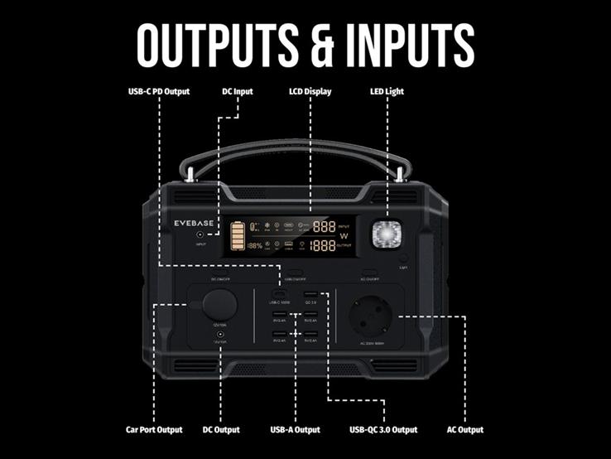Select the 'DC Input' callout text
click(238, 91)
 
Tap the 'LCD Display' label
click(310, 91)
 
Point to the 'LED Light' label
click(387, 91)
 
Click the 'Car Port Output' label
click(154, 430)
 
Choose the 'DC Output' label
click(221, 430)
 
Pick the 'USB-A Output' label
click(296, 430)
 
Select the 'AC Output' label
click(465, 430)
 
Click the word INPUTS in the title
click(407, 44)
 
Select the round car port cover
click(220, 304)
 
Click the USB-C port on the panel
click(279, 295)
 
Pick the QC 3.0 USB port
click(311, 295)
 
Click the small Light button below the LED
click(403, 258)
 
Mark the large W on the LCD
click(343, 236)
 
